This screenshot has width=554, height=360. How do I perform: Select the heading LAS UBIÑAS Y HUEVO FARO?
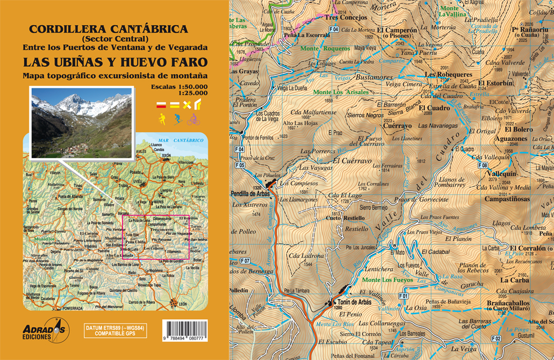pos(115,62)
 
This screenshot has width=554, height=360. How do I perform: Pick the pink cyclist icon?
pos(193,120)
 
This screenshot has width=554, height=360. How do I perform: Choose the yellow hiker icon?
pos(162,120)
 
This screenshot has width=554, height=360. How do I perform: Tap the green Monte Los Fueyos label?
pos(387,280)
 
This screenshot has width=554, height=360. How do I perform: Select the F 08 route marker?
pos(482,165)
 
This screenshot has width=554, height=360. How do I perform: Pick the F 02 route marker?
pos(496,338)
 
